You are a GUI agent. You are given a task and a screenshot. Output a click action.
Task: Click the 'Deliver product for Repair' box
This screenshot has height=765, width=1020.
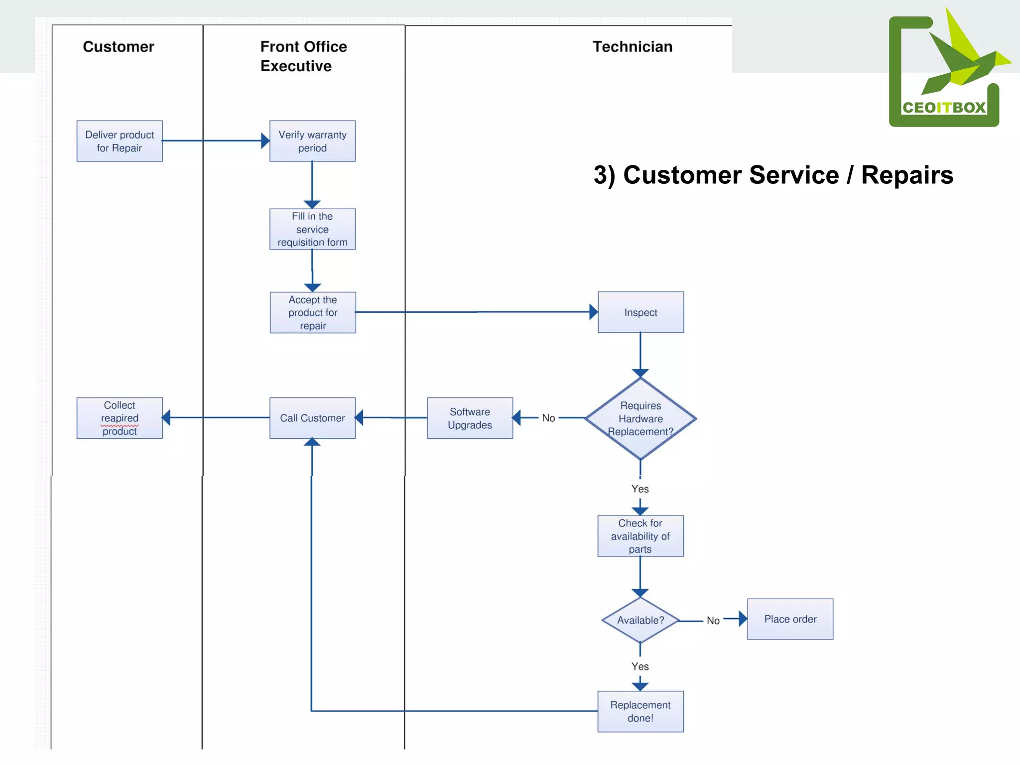(120, 141)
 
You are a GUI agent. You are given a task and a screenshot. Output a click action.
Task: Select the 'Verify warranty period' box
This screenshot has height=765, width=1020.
(312, 141)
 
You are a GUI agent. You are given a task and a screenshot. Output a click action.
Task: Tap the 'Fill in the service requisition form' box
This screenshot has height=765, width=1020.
(312, 229)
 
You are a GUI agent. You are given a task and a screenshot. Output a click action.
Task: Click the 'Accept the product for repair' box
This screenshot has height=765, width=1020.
(313, 312)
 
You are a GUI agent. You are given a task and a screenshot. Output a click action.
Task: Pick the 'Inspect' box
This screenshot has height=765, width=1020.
(640, 312)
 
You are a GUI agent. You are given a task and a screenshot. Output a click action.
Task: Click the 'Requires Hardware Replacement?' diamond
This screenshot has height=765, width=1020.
(640, 418)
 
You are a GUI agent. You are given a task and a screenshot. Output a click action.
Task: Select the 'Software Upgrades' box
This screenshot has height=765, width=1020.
(470, 418)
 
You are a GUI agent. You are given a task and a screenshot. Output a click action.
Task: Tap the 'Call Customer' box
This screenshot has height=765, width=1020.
(312, 418)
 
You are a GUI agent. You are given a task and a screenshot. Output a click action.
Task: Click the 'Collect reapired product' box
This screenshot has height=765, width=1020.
(120, 418)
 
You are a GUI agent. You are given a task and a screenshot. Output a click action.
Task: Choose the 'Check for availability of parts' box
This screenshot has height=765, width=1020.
(640, 536)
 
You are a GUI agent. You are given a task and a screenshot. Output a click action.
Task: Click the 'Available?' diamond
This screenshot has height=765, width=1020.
(640, 620)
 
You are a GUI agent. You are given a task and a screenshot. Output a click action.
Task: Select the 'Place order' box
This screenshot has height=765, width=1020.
(790, 619)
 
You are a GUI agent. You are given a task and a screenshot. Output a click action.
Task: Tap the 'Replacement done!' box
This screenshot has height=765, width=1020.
(640, 711)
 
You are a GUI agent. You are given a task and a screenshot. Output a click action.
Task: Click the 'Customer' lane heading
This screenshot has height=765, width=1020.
(119, 47)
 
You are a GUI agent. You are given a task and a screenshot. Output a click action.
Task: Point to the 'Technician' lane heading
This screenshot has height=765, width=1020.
(633, 47)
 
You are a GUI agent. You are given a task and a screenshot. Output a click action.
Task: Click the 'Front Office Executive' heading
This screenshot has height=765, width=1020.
(303, 56)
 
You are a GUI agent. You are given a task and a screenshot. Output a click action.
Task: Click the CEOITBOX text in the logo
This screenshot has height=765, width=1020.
(944, 108)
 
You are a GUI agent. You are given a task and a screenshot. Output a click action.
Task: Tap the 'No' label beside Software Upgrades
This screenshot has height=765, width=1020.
(548, 418)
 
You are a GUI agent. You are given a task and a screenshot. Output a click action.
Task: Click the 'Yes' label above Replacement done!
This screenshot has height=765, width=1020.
(640, 666)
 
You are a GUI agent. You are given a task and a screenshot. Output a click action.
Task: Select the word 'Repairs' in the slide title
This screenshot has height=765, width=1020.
(907, 175)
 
